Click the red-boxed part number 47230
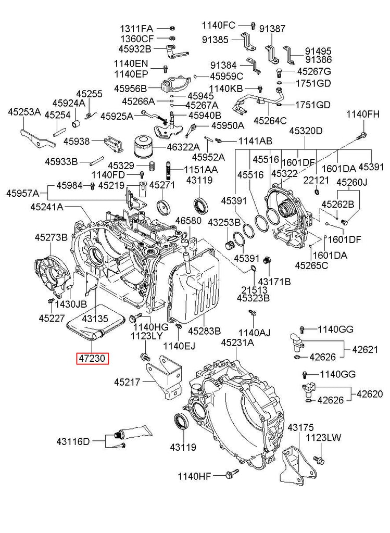pos(92,359)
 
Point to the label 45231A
pos(237,342)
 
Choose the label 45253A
pos(23,111)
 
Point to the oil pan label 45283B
pos(204,331)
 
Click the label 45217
pos(128,383)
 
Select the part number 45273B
pos(51,237)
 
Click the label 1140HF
pos(194,475)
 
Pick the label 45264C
pos(270,121)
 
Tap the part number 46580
pos(187,221)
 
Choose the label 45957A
pos(22,194)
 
